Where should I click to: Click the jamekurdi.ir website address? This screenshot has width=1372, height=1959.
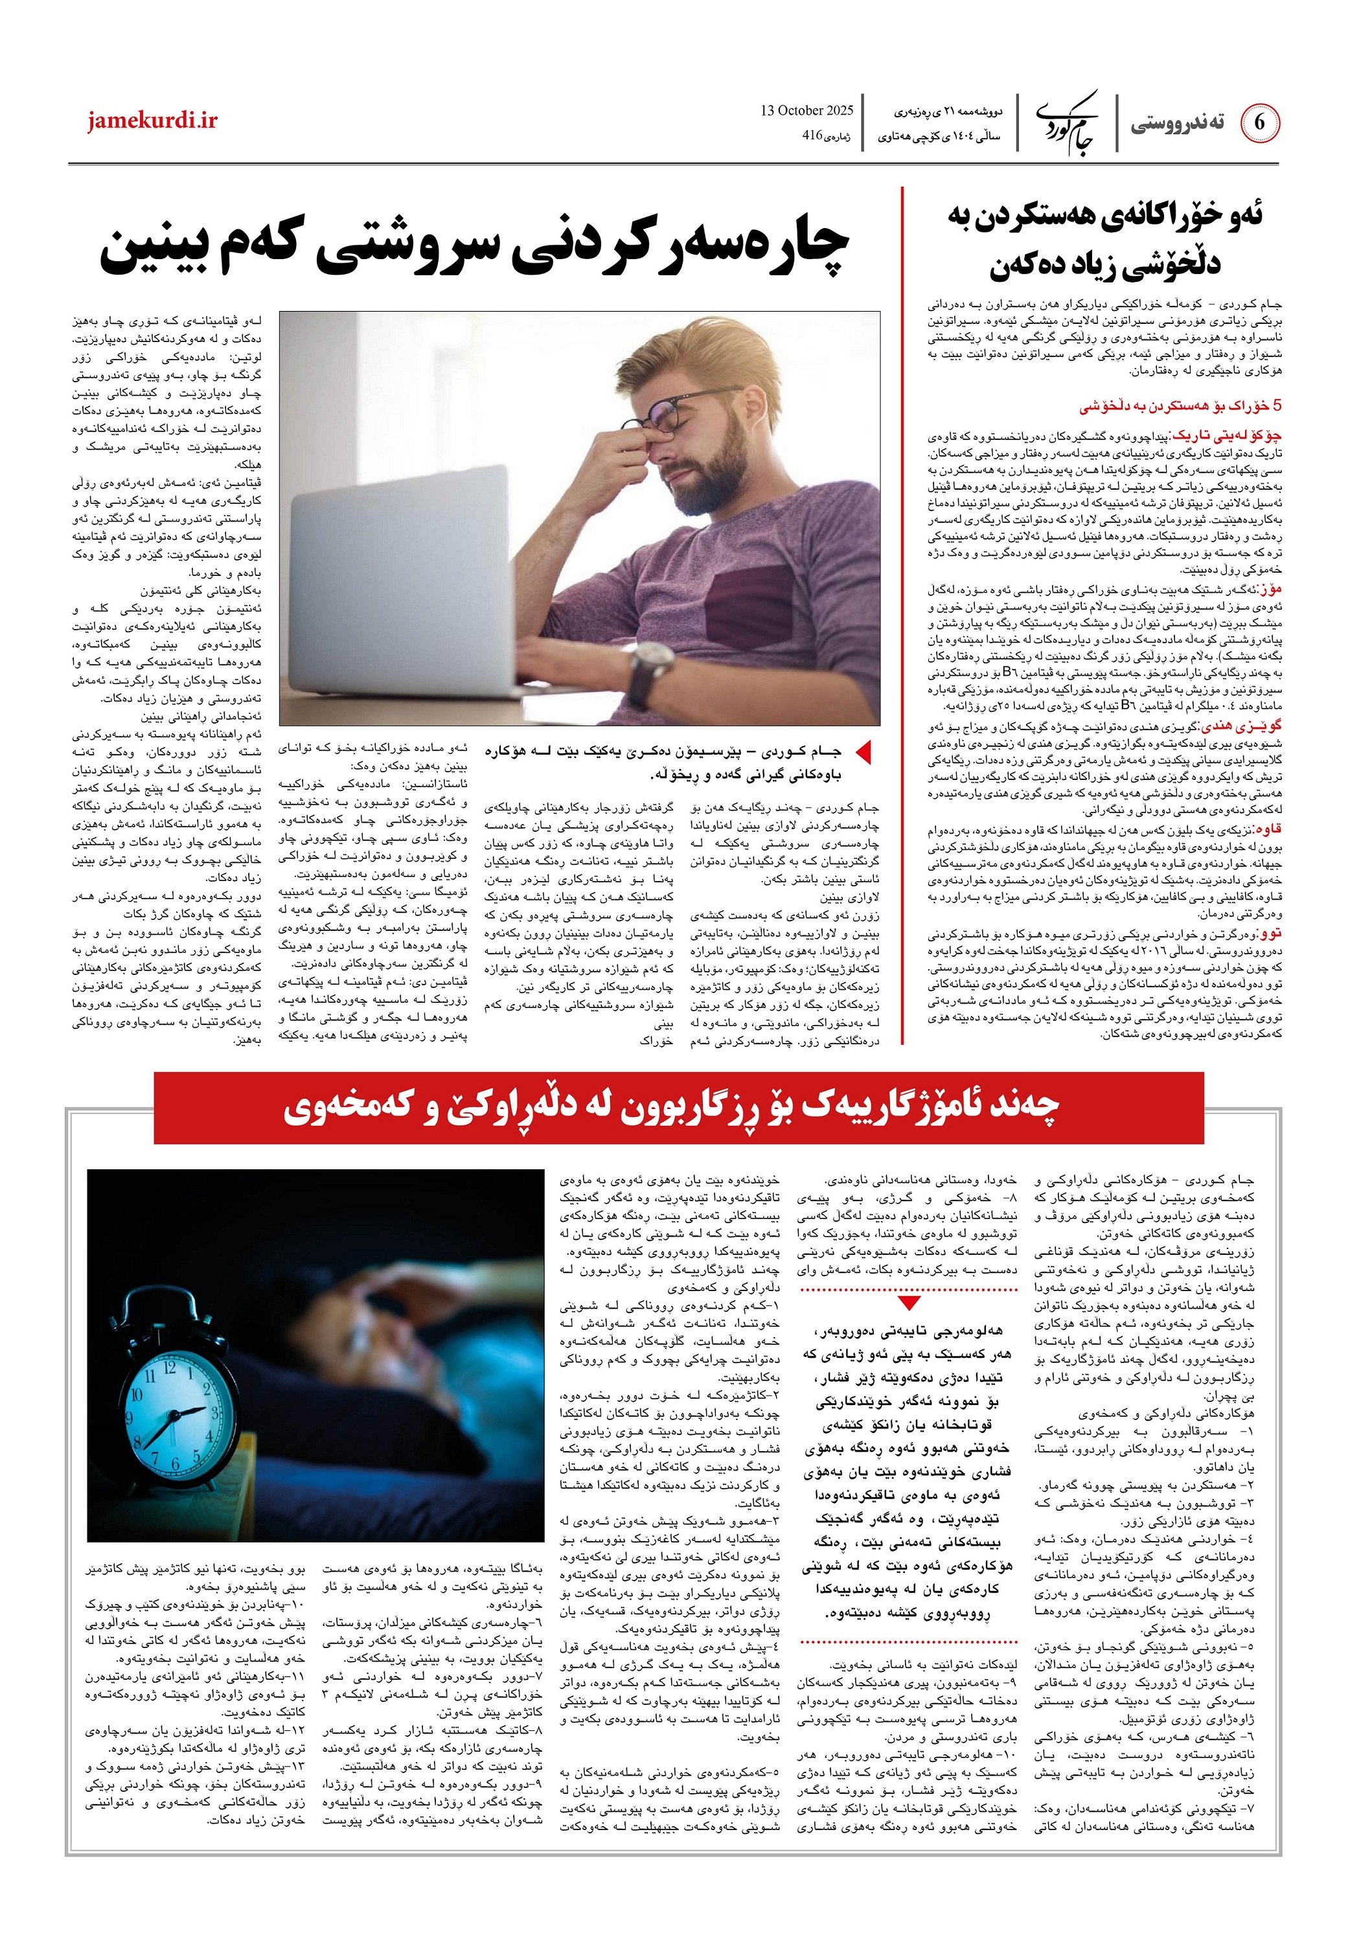click(x=152, y=120)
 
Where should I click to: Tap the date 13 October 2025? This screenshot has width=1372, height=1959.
click(x=806, y=110)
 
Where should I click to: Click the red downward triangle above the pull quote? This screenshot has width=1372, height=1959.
click(x=909, y=1302)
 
